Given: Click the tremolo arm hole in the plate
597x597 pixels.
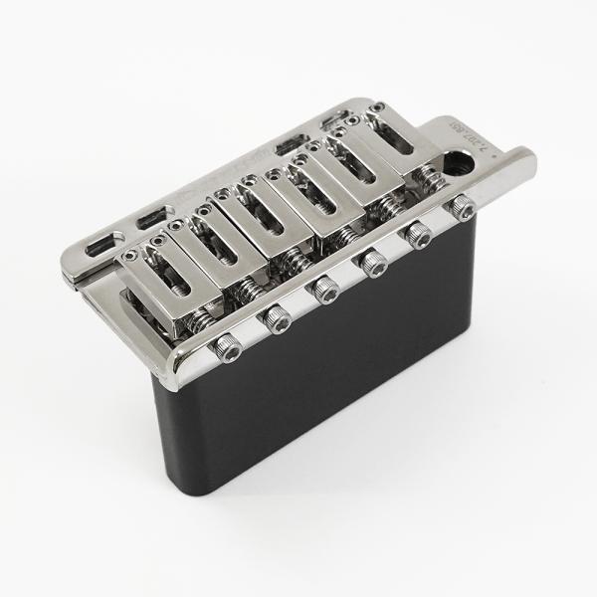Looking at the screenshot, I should coord(465,162).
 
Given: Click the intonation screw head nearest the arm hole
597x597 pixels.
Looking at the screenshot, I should coord(464,208).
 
